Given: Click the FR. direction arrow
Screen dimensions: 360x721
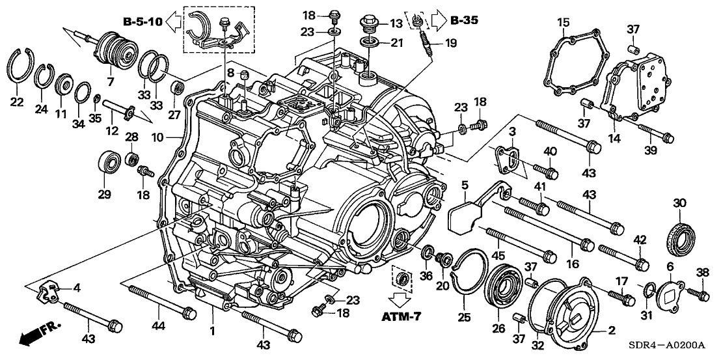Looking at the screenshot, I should [39, 333].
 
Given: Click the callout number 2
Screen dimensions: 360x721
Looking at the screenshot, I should [611, 331].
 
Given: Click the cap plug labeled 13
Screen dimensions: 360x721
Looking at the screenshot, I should [372, 24].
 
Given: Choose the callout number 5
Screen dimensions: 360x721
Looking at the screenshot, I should [465, 185].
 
